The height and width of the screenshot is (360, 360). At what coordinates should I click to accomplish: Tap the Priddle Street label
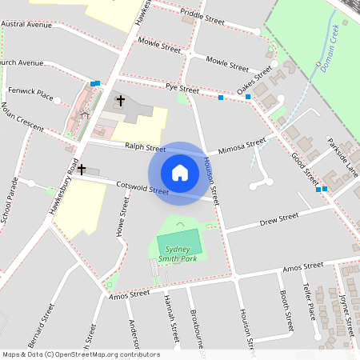pos(202,15)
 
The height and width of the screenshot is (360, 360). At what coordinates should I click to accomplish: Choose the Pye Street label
pos(182,88)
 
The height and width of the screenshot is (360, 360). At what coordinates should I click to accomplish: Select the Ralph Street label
pos(145,148)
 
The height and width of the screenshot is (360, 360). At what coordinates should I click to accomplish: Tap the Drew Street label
pos(278,218)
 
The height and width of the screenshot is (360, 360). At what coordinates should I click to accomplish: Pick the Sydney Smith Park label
pos(178,254)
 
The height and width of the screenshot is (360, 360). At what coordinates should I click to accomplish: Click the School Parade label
pos(9,202)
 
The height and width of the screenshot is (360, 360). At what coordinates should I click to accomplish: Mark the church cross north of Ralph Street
pos(121,101)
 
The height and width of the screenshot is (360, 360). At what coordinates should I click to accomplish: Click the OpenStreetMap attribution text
pos(81,354)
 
